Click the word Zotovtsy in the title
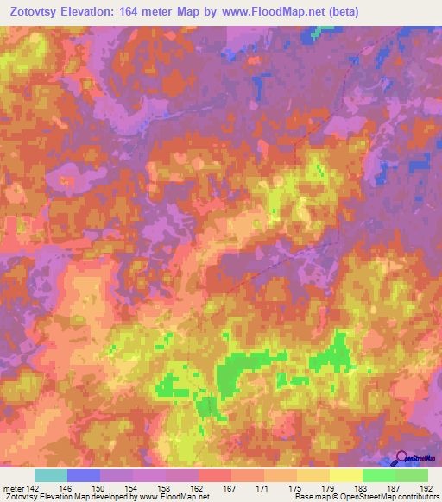[x=34, y=12]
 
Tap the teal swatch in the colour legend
[x=51, y=475]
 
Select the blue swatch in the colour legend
[x=84, y=475]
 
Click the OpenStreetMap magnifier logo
[x=401, y=459]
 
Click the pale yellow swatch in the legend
[x=346, y=475]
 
